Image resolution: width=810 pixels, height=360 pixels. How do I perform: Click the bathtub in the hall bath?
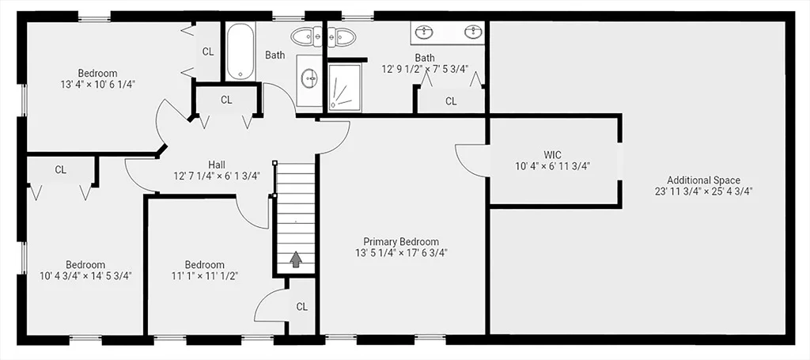coord(240,51)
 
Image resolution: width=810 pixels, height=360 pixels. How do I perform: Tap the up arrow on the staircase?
coord(296,260)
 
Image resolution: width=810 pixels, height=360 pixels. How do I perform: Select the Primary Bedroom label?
coord(401,242)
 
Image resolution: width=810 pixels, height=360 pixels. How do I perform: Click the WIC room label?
coord(552,154)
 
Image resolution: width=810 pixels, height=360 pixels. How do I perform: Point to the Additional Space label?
coord(703,180)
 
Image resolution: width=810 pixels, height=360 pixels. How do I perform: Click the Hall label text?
coord(217,165)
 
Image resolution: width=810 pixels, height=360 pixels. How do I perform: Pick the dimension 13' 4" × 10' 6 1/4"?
coord(97,84)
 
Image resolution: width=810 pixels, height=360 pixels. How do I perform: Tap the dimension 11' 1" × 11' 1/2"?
coord(205,276)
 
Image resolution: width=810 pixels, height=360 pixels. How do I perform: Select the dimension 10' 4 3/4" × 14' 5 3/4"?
coord(85,276)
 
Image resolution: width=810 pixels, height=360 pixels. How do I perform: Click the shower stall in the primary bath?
coord(345,87)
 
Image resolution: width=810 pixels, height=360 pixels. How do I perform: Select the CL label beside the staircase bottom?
coord(301,307)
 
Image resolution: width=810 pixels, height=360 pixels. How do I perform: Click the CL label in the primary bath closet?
coord(451,102)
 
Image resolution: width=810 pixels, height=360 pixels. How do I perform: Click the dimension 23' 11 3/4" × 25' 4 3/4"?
coord(703,191)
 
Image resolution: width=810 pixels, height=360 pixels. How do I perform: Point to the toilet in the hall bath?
coord(307,36)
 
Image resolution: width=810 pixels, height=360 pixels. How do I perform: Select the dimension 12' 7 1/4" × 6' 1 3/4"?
coord(217,176)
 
